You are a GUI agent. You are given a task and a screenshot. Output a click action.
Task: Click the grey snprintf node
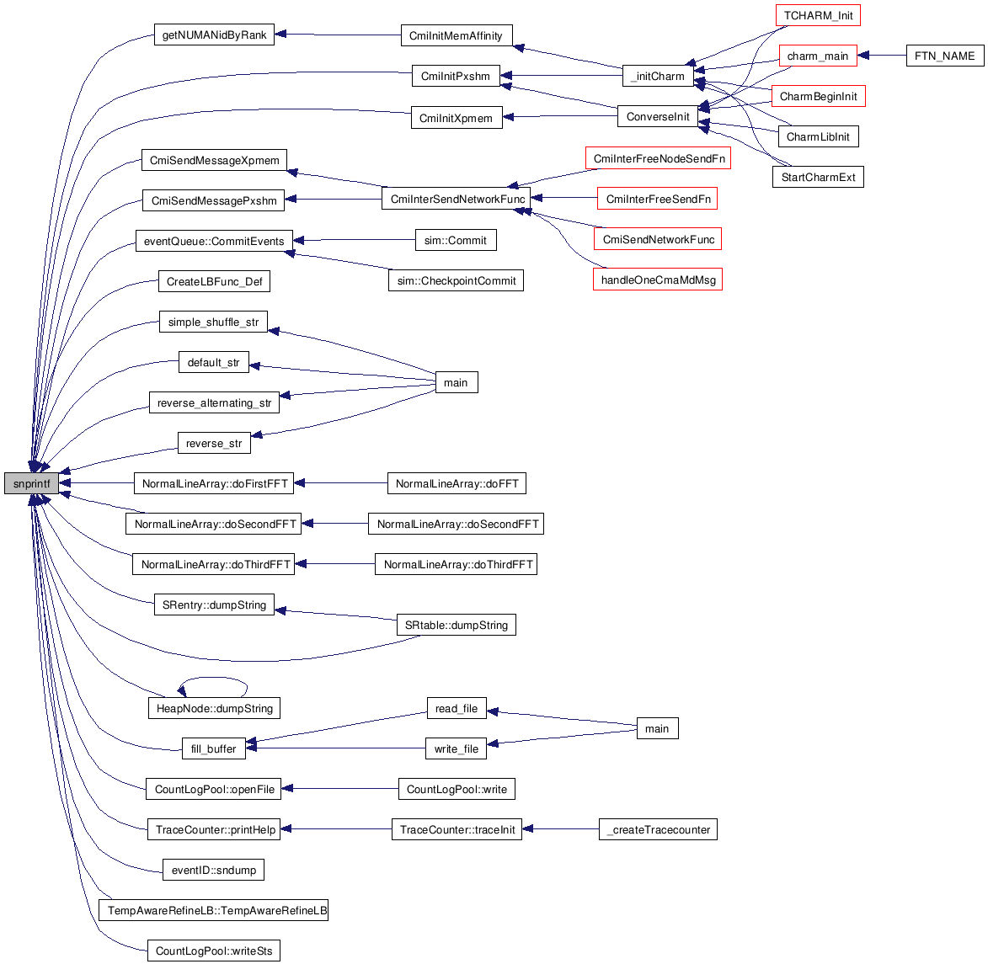pos(31,484)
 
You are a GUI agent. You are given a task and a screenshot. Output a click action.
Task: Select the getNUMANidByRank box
pos(214,35)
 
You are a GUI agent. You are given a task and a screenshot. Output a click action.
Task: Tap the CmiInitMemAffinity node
pos(456,36)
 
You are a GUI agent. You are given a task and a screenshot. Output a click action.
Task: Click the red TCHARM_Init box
pos(818,16)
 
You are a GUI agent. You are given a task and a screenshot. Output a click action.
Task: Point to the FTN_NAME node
pos(944,56)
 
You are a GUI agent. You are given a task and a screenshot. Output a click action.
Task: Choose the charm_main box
pos(817,56)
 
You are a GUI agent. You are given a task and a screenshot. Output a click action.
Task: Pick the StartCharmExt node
pos(818,178)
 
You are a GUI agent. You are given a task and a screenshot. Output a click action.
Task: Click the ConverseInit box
pos(658,117)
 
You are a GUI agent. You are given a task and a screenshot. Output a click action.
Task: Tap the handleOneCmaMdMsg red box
pos(658,280)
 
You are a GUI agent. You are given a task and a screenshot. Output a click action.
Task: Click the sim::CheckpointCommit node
pos(456,281)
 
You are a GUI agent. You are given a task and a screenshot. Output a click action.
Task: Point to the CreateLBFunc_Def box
pos(214,282)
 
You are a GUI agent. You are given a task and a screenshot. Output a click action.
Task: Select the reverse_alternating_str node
pos(214,403)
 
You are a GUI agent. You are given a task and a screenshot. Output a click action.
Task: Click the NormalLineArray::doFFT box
pos(457,484)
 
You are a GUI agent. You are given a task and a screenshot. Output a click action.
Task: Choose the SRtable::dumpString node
pos(456,626)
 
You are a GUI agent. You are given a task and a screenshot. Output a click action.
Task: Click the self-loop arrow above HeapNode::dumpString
pos(212,679)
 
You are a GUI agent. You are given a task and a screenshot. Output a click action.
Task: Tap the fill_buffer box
pos(213,749)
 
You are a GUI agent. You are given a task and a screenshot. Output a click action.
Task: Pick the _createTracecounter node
pos(658,830)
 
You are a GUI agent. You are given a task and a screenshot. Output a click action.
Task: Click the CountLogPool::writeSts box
pos(214,951)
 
